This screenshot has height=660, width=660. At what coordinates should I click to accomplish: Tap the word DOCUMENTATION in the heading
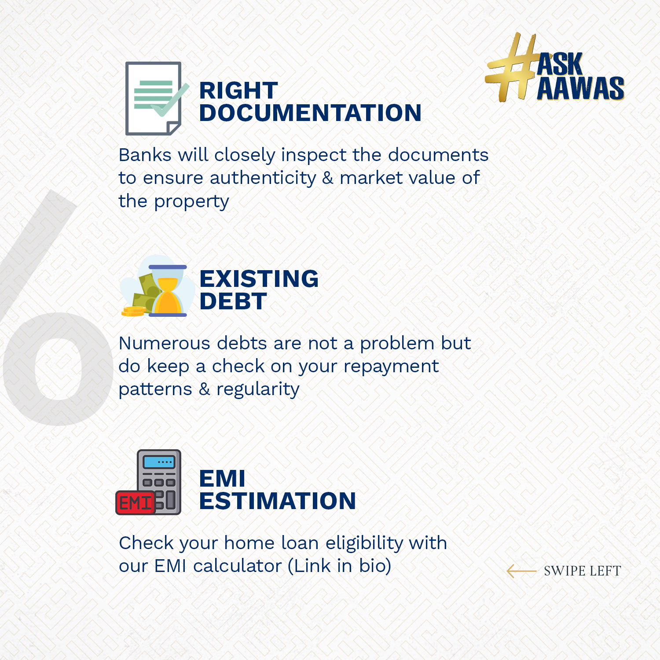[310, 113]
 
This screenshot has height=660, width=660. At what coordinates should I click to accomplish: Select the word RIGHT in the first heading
[238, 91]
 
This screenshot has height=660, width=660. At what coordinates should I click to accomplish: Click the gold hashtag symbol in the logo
[513, 67]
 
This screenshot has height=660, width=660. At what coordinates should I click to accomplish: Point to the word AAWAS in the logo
[580, 88]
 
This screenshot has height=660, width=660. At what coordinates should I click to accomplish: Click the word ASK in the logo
[560, 64]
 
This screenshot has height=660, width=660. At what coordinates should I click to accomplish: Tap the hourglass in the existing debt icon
[168, 291]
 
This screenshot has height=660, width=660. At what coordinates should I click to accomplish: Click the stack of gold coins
[133, 311]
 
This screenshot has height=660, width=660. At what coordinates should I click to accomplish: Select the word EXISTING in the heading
[259, 279]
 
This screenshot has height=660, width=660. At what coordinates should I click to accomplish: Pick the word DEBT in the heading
[233, 301]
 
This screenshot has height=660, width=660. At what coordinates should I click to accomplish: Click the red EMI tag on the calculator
[136, 503]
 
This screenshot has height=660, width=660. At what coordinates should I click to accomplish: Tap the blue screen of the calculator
[159, 462]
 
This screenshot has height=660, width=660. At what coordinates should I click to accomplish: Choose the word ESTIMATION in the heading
[278, 501]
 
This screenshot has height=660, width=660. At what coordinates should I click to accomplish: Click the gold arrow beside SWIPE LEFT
[521, 571]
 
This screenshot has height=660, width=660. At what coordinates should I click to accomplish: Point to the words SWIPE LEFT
[583, 571]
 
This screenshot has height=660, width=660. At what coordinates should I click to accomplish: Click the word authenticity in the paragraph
[263, 178]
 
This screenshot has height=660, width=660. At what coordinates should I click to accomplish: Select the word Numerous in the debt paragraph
[165, 343]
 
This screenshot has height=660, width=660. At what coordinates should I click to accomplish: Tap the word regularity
[258, 390]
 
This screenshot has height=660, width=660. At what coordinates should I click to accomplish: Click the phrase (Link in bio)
[340, 566]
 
